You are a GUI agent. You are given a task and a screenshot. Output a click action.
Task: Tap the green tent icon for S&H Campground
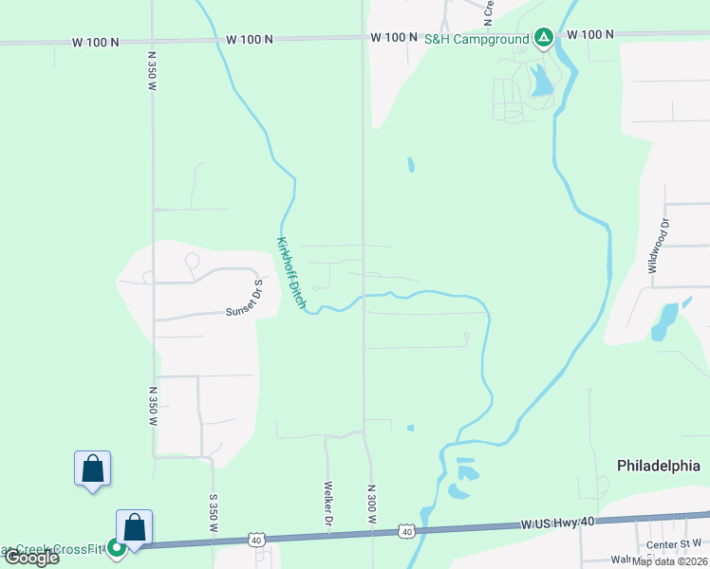(x=543, y=37)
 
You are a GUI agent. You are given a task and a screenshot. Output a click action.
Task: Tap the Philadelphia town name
(x=659, y=467)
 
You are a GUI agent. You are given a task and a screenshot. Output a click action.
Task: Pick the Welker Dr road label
(x=327, y=506)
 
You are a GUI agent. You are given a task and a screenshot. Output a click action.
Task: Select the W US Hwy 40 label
(x=558, y=523)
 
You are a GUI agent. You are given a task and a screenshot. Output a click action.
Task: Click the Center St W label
(x=673, y=544)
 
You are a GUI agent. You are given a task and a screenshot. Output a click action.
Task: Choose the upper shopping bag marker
(x=93, y=469)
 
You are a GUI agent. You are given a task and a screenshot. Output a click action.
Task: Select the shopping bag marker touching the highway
(x=135, y=528)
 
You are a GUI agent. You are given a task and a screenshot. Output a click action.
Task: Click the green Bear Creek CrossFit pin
(x=116, y=547)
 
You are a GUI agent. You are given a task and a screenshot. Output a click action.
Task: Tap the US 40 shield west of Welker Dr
(x=256, y=540)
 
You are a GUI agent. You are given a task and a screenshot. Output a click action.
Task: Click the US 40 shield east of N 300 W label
(x=406, y=532)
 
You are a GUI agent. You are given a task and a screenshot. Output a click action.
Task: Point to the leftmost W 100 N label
(x=96, y=42)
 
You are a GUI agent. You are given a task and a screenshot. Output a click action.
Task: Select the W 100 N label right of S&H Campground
(x=590, y=34)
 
